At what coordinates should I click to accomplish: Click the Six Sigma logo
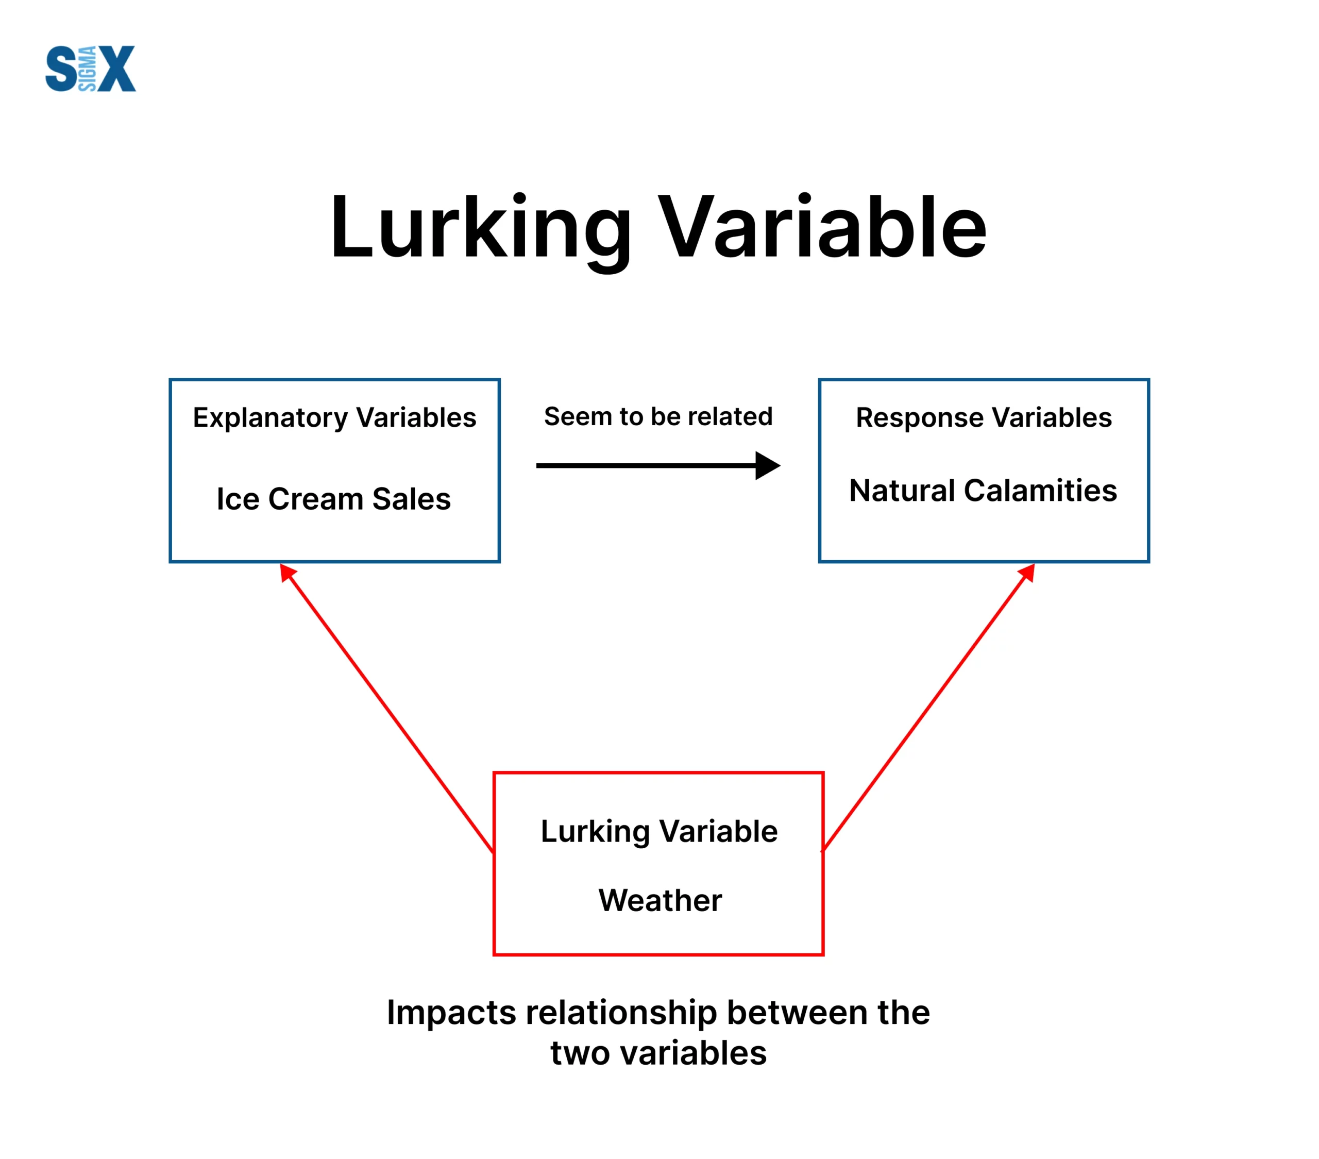click(x=90, y=69)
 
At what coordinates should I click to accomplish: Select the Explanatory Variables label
click(x=334, y=418)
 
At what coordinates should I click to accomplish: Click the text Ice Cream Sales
click(x=334, y=499)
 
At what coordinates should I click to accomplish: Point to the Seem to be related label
click(x=658, y=416)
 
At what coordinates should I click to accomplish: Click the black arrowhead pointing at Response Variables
click(x=768, y=465)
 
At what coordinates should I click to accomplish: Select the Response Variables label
click(x=984, y=418)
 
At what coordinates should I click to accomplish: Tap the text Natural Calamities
click(x=983, y=491)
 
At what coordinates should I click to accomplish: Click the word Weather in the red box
click(x=660, y=900)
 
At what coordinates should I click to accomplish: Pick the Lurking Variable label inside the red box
click(x=659, y=832)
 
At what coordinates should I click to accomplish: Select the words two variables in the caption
click(x=658, y=1053)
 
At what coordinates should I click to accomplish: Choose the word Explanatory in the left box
click(x=270, y=418)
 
